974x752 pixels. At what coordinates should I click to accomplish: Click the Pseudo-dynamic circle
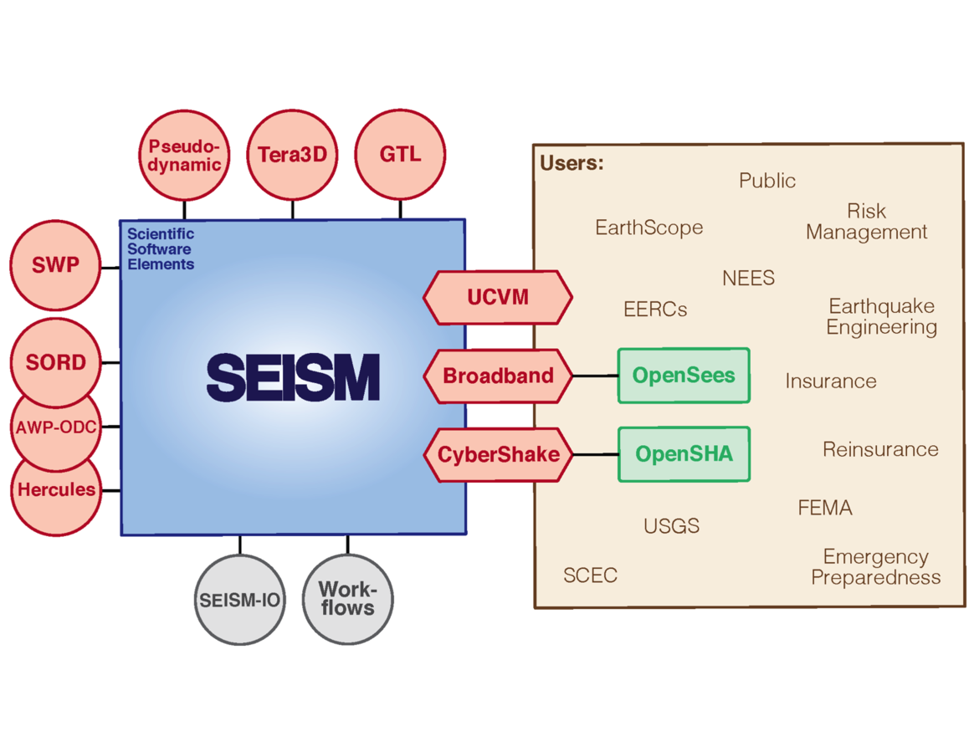183,156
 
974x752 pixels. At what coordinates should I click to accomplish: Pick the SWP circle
56,266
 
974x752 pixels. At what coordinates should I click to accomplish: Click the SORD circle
56,362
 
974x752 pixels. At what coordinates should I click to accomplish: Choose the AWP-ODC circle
56,427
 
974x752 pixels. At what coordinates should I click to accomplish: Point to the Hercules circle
56,490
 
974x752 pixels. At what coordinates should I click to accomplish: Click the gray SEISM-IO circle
239,600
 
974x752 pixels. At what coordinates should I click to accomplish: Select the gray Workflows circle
347,599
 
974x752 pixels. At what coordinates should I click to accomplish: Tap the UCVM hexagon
498,297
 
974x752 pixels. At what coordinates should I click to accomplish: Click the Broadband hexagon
498,376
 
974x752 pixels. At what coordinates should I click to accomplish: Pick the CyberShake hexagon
498,455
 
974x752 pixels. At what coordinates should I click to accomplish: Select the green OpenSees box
684,376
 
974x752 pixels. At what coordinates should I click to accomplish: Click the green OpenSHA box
684,454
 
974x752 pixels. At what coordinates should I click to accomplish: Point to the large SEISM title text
293,377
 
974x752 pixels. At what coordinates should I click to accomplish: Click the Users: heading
572,163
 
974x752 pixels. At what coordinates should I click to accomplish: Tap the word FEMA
824,508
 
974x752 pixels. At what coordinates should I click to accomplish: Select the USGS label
671,526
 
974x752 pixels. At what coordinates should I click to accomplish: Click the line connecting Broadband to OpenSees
595,376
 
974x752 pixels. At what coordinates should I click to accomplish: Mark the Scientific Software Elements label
161,249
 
